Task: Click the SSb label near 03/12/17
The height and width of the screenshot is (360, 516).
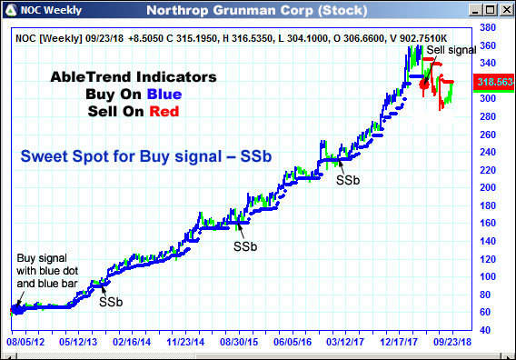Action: pos(349,179)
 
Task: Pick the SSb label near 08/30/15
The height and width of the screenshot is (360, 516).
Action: pos(245,245)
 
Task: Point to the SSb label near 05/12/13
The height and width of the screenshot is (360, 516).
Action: pos(112,301)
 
